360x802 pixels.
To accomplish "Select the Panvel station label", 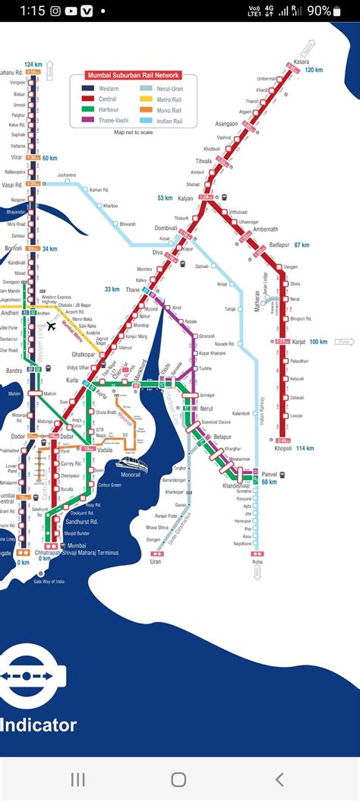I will coord(269,475).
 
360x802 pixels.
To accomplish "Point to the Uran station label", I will coord(156,561).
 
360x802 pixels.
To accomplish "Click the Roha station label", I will coord(257,562).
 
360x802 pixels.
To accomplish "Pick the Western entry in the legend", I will coord(109,89).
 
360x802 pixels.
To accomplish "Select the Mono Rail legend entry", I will coord(169,109).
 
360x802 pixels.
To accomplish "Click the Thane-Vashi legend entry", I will coord(114,120).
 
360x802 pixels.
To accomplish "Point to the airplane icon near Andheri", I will coord(51,327).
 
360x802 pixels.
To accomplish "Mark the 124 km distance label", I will coord(33,64).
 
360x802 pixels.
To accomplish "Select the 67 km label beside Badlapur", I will coord(302,245).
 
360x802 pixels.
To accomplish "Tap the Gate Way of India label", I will coord(49,582).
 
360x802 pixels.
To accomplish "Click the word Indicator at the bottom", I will coord(39,725).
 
